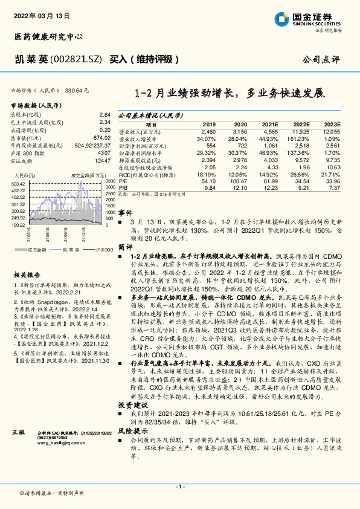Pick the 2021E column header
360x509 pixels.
click(269, 123)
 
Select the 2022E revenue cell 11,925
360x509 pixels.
click(300, 131)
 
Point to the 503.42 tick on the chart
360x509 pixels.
click(18, 184)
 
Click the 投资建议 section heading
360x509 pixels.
click(132, 386)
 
